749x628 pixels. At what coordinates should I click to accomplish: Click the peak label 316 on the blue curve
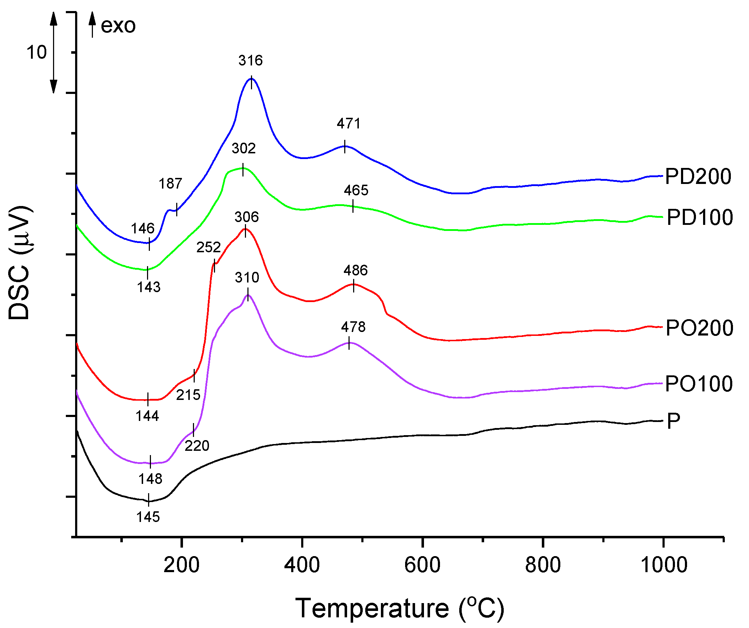pyautogui.click(x=250, y=60)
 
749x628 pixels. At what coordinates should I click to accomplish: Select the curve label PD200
pyautogui.click(x=698, y=176)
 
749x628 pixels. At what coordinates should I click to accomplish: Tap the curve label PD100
pyautogui.click(x=700, y=217)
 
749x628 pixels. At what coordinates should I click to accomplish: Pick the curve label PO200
pyautogui.click(x=699, y=328)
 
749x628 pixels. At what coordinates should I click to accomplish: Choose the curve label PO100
pyautogui.click(x=698, y=384)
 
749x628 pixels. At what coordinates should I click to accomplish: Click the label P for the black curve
pyautogui.click(x=673, y=421)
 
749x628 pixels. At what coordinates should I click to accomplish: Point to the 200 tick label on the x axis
pyautogui.click(x=181, y=565)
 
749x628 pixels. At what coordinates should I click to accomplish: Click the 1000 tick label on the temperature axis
pyautogui.click(x=664, y=565)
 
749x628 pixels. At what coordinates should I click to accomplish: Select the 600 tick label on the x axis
pyautogui.click(x=422, y=565)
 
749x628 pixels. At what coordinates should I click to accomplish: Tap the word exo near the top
pyautogui.click(x=118, y=26)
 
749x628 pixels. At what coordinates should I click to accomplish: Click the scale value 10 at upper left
pyautogui.click(x=36, y=52)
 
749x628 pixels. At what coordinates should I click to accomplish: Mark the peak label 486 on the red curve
pyautogui.click(x=355, y=270)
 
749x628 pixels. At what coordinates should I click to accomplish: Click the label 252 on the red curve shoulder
pyautogui.click(x=208, y=247)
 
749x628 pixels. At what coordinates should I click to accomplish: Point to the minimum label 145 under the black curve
pyautogui.click(x=148, y=517)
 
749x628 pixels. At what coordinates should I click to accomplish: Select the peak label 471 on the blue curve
pyautogui.click(x=349, y=124)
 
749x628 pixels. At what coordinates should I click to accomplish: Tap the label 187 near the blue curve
pyautogui.click(x=170, y=184)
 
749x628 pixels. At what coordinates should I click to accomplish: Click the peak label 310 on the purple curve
pyautogui.click(x=247, y=278)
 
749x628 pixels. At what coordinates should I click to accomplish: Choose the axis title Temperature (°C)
pyautogui.click(x=399, y=608)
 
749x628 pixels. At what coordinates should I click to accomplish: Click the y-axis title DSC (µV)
pyautogui.click(x=20, y=263)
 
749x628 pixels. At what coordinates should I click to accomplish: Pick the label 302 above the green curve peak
pyautogui.click(x=243, y=149)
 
